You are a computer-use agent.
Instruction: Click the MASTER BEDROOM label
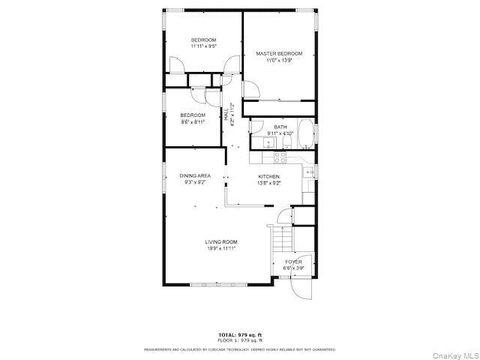279,54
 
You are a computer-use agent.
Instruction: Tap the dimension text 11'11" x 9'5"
203,46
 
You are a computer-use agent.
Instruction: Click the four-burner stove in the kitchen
280,157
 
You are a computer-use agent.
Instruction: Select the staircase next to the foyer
282,239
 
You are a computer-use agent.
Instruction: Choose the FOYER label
293,262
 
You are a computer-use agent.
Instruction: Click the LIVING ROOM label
221,241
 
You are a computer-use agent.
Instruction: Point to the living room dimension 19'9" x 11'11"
221,248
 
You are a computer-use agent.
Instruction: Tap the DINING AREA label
194,175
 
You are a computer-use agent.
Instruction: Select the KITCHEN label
268,176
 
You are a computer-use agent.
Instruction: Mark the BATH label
280,127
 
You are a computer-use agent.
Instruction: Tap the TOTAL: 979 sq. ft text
240,334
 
